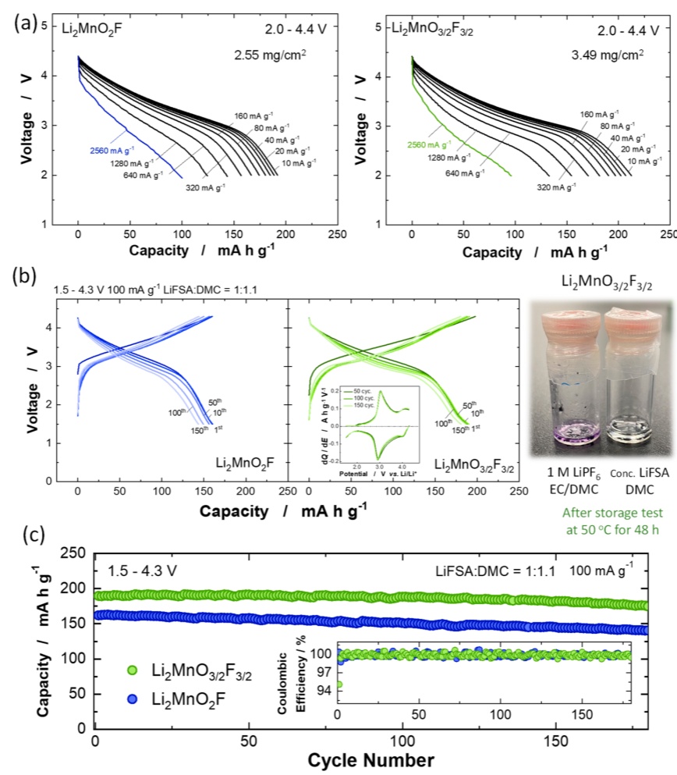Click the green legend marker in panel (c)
135,670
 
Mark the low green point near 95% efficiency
339,685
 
